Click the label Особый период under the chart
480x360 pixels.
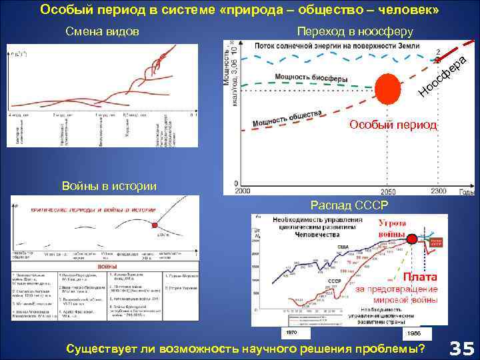[x=393, y=125]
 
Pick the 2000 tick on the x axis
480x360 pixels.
[x=241, y=191]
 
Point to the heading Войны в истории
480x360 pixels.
[x=109, y=185]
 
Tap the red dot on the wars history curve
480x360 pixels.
[x=155, y=224]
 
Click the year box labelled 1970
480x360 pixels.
[x=291, y=332]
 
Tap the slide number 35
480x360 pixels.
[x=461, y=348]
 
